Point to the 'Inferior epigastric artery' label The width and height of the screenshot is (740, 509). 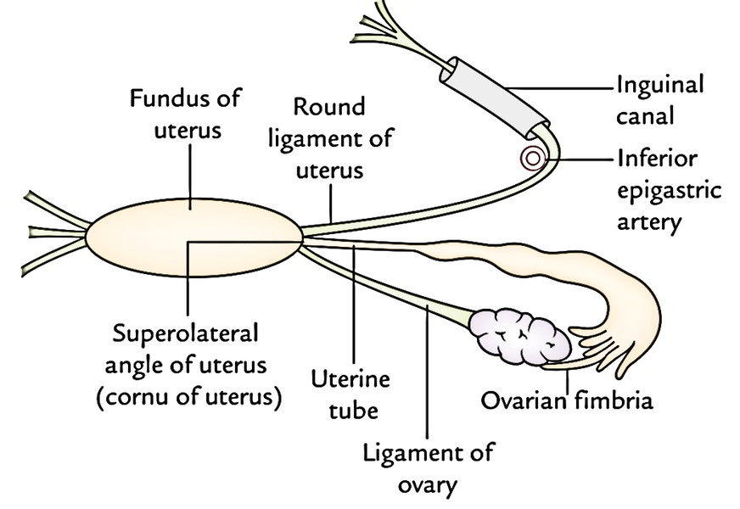(668, 191)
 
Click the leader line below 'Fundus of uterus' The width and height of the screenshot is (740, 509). (189, 170)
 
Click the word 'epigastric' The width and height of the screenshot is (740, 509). (668, 191)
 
